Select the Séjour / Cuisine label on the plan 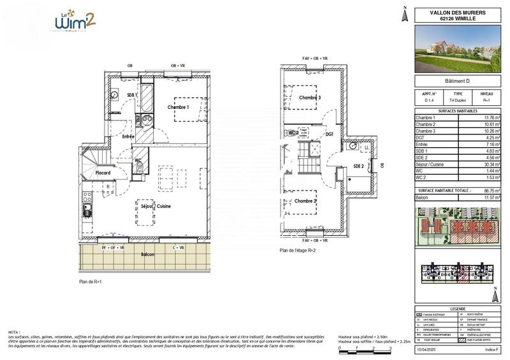pos(156,206)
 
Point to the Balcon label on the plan pos(147,254)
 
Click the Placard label pos(103,173)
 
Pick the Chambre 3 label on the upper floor pos(310,97)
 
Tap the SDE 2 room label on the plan pos(357,166)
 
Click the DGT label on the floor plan pos(330,134)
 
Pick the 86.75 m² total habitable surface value pos(489,191)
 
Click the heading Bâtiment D pos(457,81)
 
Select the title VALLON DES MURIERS pos(457,12)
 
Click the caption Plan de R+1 pos(91,281)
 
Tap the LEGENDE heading pos(457,308)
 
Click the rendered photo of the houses pos(457,48)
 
